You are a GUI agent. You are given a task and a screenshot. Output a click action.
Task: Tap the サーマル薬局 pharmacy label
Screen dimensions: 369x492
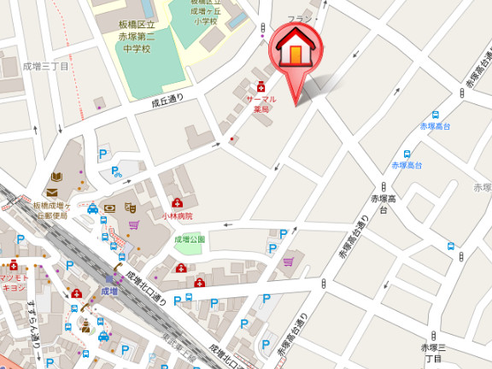pos(261,104)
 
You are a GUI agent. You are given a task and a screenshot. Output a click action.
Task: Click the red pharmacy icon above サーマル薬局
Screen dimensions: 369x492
pos(261,86)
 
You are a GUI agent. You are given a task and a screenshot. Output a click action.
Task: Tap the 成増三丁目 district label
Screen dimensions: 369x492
pos(45,66)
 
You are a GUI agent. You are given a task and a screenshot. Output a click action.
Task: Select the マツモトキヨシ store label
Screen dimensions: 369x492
pos(13,283)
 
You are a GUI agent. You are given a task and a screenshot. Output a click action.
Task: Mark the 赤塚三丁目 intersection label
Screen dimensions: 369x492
pos(434,352)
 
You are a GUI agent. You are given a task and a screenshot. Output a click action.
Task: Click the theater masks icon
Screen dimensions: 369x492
pos(130,208)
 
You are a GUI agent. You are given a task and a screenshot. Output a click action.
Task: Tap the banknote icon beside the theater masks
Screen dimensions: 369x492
pos(110,208)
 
